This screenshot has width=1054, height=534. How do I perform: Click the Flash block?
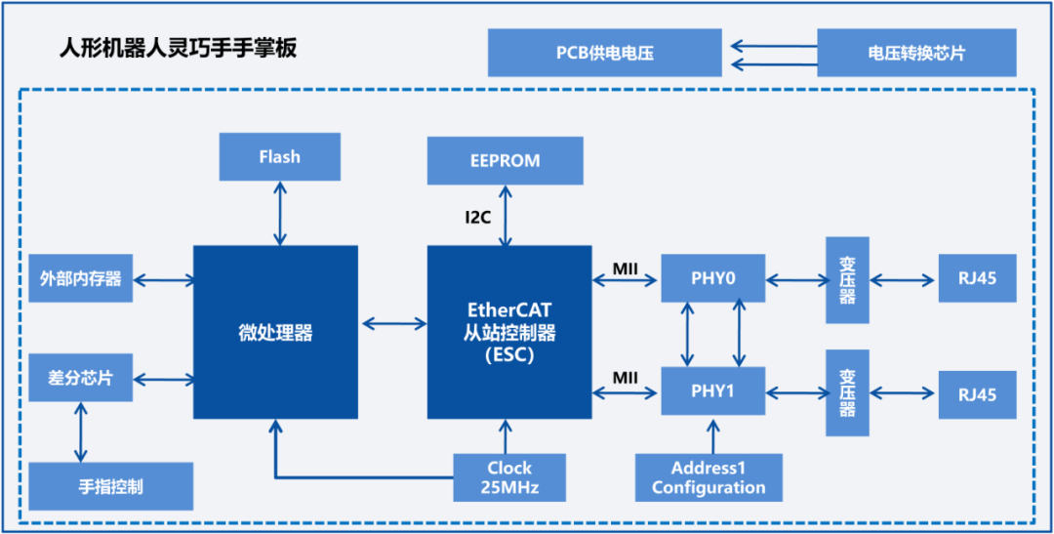pos(279,156)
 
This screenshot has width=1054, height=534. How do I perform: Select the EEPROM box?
pos(505,160)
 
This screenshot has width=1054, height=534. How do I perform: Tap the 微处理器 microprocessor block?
pos(275,332)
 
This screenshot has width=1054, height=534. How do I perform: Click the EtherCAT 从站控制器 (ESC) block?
pos(509,332)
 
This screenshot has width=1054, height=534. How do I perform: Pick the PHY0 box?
pos(712,279)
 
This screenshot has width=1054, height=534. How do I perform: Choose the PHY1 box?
pos(712,391)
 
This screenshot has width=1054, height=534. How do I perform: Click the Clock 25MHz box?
pos(509,476)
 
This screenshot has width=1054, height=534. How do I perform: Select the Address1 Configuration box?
pos(709,477)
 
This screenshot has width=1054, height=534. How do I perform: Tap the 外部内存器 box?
pos(80,279)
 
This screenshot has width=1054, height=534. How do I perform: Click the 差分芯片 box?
pos(80,378)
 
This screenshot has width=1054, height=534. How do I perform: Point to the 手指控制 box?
pos(110,485)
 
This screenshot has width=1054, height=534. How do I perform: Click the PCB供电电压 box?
pos(604,53)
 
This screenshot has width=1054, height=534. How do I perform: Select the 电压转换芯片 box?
pos(915,53)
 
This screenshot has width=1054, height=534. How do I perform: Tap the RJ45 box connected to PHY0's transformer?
pos(977,279)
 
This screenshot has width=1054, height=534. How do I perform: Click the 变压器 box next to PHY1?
pos(847,392)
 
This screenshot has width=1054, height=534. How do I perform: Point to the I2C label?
pos(478,218)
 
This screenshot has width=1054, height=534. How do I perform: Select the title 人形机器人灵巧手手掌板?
pos(178,49)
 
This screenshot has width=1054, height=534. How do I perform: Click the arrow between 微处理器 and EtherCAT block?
pos(392,323)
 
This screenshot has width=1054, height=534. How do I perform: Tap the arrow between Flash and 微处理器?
pos(280,213)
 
